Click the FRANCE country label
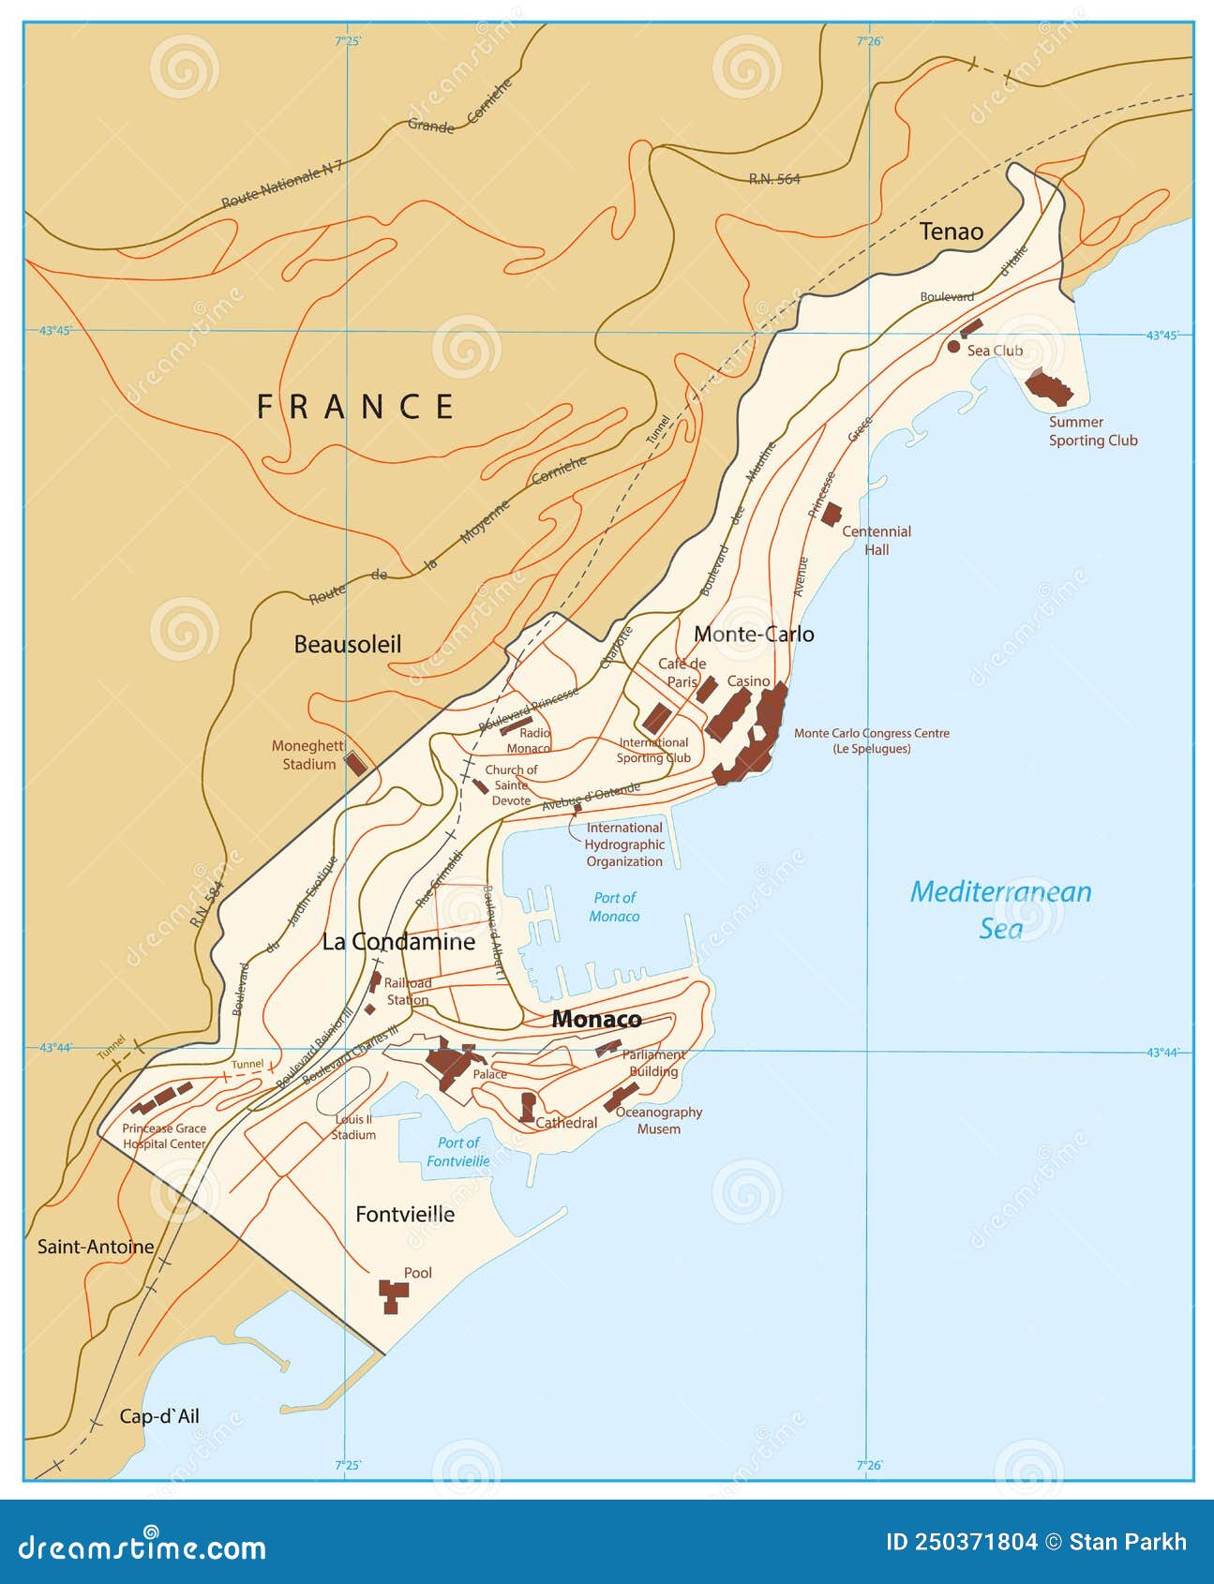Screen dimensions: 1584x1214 click(x=355, y=407)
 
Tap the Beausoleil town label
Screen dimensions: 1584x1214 click(x=347, y=644)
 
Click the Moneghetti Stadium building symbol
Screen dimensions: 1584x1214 click(x=355, y=762)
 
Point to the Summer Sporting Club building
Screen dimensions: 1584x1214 click(x=1048, y=386)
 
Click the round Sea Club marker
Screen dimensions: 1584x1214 click(x=953, y=347)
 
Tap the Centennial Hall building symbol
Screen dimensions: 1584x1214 click(x=831, y=514)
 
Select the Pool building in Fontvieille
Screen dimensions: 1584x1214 click(x=393, y=1295)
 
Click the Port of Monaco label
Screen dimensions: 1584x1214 click(x=614, y=906)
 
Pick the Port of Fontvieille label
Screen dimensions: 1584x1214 click(x=458, y=1151)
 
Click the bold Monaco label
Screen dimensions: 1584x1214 click(x=596, y=1019)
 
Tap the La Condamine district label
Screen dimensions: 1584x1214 click(x=398, y=941)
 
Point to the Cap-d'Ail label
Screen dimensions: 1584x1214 click(x=159, y=1416)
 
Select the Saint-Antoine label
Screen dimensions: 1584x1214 click(x=96, y=1247)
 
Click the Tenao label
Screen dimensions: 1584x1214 click(x=951, y=232)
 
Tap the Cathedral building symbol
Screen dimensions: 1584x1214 click(x=528, y=1107)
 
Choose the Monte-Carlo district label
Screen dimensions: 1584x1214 click(x=754, y=634)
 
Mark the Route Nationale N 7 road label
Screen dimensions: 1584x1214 click(x=282, y=185)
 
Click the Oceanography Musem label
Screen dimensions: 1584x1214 click(x=658, y=1120)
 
